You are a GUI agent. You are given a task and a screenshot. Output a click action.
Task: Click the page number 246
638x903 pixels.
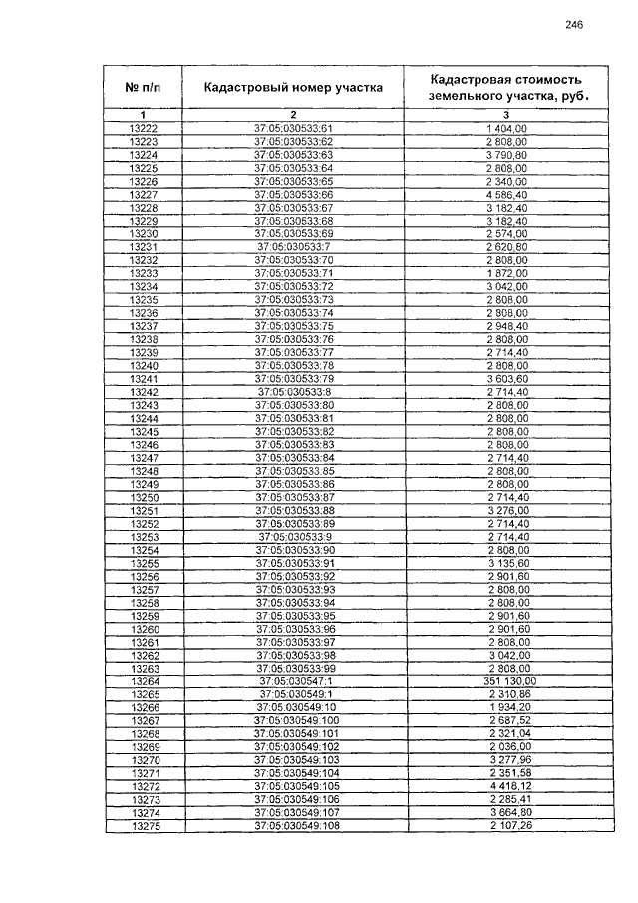573,25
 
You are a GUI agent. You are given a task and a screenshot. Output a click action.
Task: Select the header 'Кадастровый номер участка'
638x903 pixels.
293,87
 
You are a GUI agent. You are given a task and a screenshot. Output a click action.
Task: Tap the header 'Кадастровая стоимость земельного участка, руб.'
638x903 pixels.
504,87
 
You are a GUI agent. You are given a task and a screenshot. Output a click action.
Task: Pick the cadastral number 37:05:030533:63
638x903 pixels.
293,155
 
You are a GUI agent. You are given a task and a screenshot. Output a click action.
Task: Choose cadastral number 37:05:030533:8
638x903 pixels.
293,392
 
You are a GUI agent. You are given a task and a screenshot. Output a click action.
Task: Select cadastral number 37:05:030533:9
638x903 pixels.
293,537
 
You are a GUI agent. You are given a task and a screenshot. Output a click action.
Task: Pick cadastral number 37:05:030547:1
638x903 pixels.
293,681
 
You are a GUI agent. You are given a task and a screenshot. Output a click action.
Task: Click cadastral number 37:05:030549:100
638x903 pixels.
293,720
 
